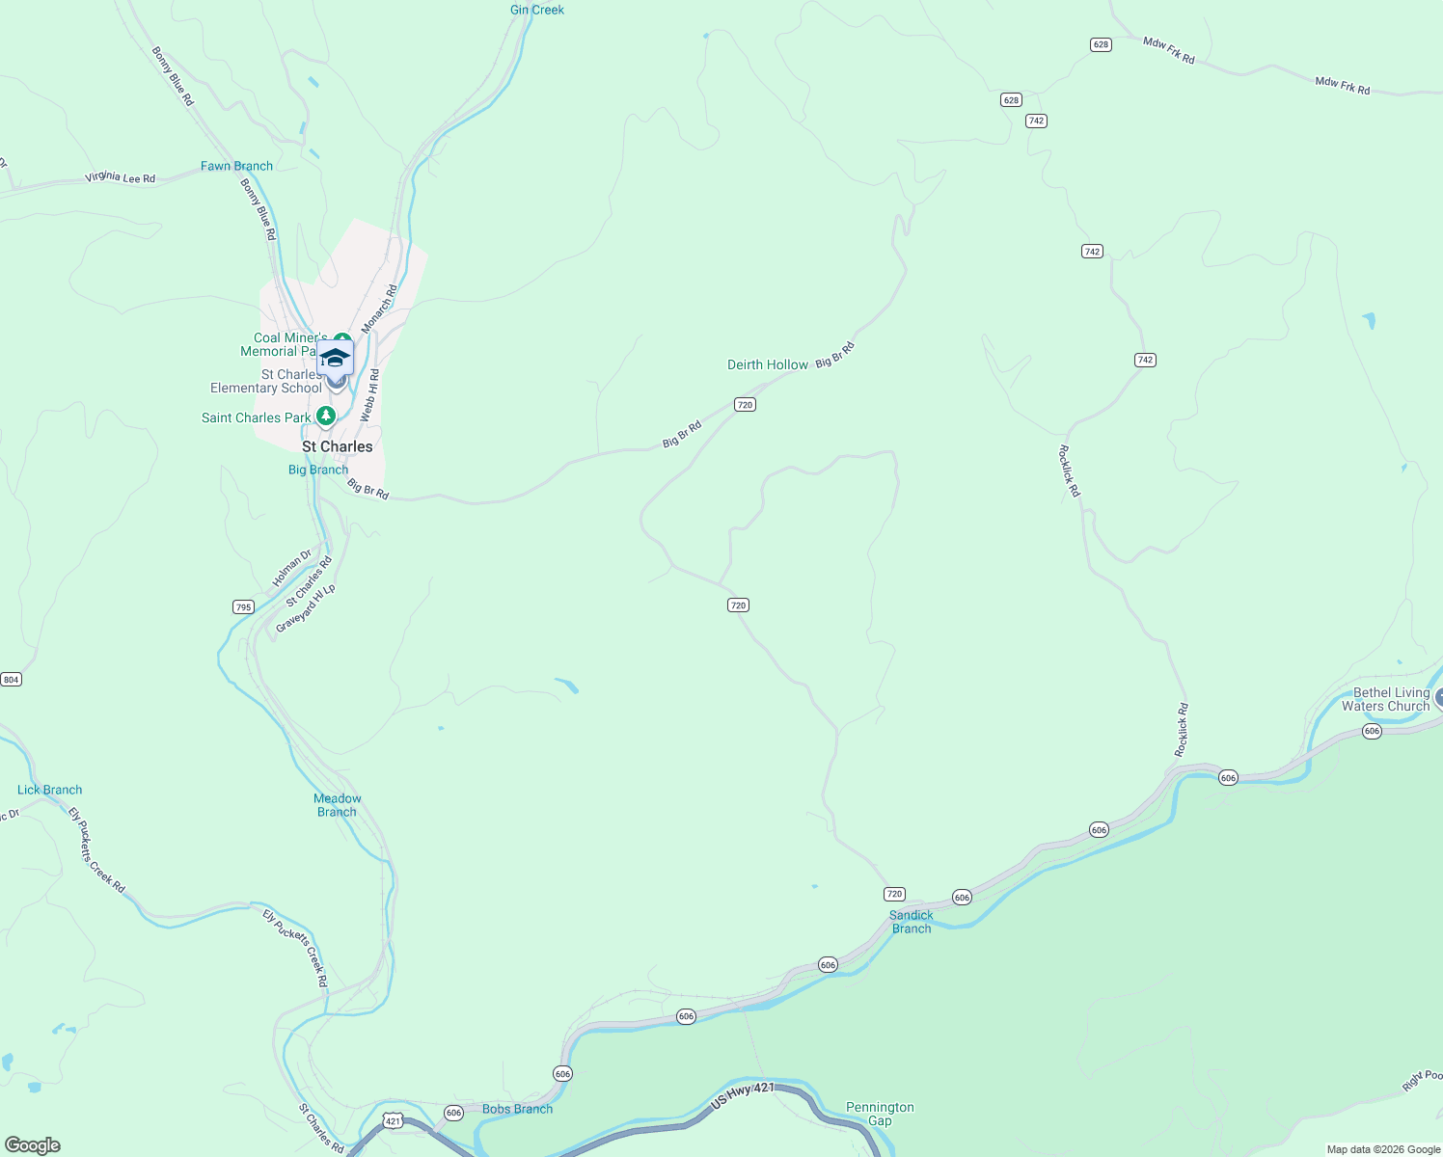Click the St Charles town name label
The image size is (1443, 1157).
pyautogui.click(x=337, y=446)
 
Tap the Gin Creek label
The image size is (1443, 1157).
pyautogui.click(x=537, y=10)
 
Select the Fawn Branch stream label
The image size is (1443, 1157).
pyautogui.click(x=236, y=166)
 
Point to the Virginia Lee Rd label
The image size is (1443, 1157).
pyautogui.click(x=120, y=177)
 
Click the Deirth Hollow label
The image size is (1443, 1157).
pyautogui.click(x=768, y=364)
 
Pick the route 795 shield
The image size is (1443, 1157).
pyautogui.click(x=243, y=607)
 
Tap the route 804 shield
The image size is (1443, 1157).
pyautogui.click(x=11, y=680)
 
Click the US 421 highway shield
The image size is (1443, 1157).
pyautogui.click(x=392, y=1120)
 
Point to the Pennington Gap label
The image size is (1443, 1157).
pyautogui.click(x=880, y=1114)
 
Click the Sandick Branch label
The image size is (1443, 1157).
pyautogui.click(x=912, y=922)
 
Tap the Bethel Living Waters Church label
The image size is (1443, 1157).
pyautogui.click(x=1391, y=699)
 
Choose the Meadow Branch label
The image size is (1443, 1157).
pyautogui.click(x=338, y=805)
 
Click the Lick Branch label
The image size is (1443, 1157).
pyautogui.click(x=50, y=790)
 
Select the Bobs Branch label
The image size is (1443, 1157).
pyautogui.click(x=517, y=1109)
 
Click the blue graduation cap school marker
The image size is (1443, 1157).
pyautogui.click(x=335, y=358)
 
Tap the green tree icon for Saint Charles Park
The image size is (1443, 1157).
pyautogui.click(x=326, y=417)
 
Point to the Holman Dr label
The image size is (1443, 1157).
pyautogui.click(x=291, y=568)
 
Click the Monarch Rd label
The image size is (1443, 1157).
pyautogui.click(x=379, y=309)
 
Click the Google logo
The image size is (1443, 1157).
pyautogui.click(x=33, y=1145)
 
